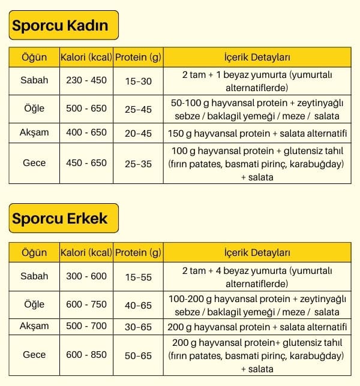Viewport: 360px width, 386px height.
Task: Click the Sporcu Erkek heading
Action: click(x=60, y=218)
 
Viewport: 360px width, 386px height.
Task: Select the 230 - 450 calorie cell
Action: click(x=86, y=80)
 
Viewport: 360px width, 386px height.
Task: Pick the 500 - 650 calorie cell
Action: click(x=86, y=108)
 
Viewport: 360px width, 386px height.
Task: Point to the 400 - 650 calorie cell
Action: click(x=86, y=132)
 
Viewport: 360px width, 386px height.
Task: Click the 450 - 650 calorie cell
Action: click(x=86, y=162)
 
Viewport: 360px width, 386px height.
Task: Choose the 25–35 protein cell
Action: click(x=137, y=163)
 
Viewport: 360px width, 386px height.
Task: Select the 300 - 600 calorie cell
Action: click(x=86, y=276)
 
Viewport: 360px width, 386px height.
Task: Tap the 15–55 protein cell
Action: click(x=137, y=277)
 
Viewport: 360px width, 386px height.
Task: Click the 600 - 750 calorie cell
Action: click(x=86, y=304)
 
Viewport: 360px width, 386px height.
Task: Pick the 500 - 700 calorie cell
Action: click(x=86, y=326)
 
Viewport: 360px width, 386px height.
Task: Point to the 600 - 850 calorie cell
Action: click(x=86, y=355)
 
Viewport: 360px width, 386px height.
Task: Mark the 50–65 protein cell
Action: click(x=137, y=355)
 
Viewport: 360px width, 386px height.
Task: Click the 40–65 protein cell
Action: click(x=137, y=305)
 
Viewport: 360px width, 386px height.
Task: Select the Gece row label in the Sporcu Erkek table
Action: click(x=34, y=355)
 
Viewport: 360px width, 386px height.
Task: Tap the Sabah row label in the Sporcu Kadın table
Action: click(x=34, y=80)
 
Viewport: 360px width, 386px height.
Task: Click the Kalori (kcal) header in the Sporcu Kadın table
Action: click(x=86, y=58)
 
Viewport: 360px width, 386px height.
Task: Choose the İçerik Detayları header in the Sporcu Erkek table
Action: click(x=257, y=252)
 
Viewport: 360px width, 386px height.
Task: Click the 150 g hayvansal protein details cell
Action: click(x=257, y=133)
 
